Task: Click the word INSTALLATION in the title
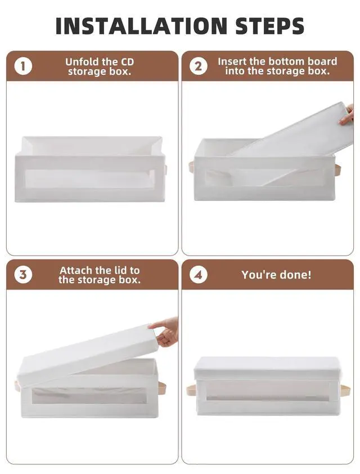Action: click(x=141, y=26)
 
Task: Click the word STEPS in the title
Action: click(x=269, y=26)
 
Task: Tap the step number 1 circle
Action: click(x=23, y=66)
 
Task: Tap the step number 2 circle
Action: click(x=198, y=66)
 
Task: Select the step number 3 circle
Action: click(x=23, y=275)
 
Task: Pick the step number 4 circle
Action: click(x=198, y=275)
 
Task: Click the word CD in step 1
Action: click(x=127, y=62)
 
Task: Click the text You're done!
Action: click(x=276, y=275)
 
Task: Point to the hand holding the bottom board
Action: click(x=347, y=115)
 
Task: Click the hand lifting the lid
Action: click(x=166, y=332)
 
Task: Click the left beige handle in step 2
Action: click(x=192, y=167)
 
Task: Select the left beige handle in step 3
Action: click(x=17, y=386)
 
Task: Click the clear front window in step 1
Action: click(x=89, y=178)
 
